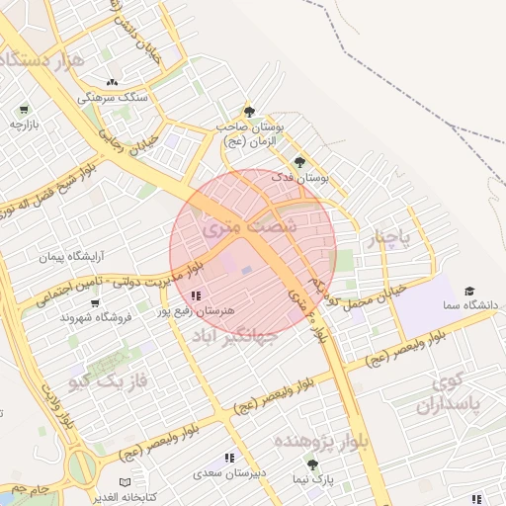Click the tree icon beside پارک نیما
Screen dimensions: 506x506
point(312,464)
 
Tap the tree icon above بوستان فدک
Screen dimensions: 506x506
point(299,162)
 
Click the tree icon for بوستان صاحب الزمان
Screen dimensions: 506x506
point(249,112)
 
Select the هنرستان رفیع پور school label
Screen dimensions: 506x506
point(196,310)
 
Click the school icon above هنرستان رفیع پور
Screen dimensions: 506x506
point(197,295)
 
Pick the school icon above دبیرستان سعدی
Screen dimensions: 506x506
point(229,458)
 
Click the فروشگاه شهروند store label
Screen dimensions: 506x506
point(89,317)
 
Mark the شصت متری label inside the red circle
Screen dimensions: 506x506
point(233,226)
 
